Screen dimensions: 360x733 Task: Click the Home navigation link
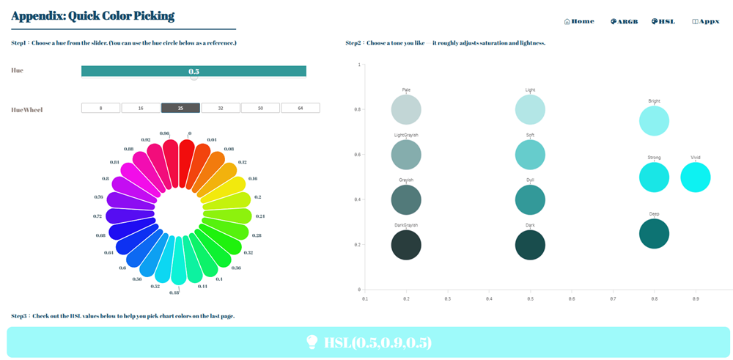579,21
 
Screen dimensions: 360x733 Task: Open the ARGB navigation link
625,21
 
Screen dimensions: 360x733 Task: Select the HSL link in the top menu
663,21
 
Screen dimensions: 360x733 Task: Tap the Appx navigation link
706,21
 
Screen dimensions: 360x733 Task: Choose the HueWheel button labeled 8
101,108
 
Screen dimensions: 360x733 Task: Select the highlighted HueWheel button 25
180,108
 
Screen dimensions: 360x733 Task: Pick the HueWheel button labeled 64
300,108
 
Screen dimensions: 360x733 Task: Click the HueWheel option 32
221,108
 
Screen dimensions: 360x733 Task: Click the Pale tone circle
406,109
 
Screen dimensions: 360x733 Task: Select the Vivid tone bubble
696,177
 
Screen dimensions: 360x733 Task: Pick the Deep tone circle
654,234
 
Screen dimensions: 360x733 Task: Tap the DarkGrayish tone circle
406,245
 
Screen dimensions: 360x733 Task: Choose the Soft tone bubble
530,155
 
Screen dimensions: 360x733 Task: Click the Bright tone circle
654,121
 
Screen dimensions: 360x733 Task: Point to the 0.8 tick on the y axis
358,109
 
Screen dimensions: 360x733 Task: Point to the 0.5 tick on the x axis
530,298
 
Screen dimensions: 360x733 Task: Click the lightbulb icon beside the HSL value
312,342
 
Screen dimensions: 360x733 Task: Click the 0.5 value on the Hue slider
194,71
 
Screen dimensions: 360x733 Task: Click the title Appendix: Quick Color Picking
93,15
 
